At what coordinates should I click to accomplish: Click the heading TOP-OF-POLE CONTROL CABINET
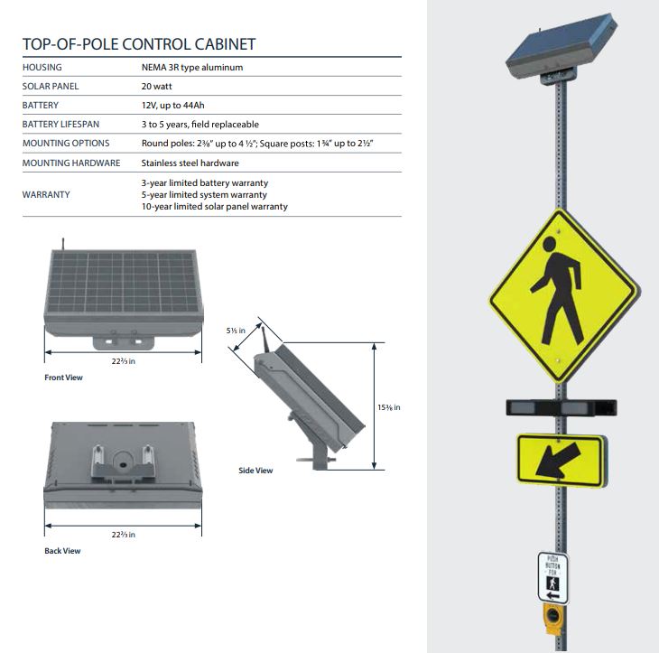click(x=138, y=44)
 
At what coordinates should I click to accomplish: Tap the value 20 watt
click(x=159, y=86)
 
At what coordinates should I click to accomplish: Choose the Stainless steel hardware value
click(x=190, y=163)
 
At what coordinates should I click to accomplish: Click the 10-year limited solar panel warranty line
click(x=214, y=207)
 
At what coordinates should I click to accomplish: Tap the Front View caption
click(x=63, y=378)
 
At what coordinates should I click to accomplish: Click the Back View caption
click(x=62, y=551)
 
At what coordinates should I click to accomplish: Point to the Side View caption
click(x=255, y=471)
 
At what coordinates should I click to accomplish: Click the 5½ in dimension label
click(x=236, y=331)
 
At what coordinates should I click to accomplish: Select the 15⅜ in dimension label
click(x=388, y=407)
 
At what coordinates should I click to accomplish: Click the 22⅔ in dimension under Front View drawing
click(x=123, y=361)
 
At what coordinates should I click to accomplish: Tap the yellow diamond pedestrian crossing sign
click(x=562, y=295)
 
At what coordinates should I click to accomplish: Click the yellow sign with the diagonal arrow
click(x=561, y=461)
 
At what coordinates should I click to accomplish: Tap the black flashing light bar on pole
click(x=561, y=407)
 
